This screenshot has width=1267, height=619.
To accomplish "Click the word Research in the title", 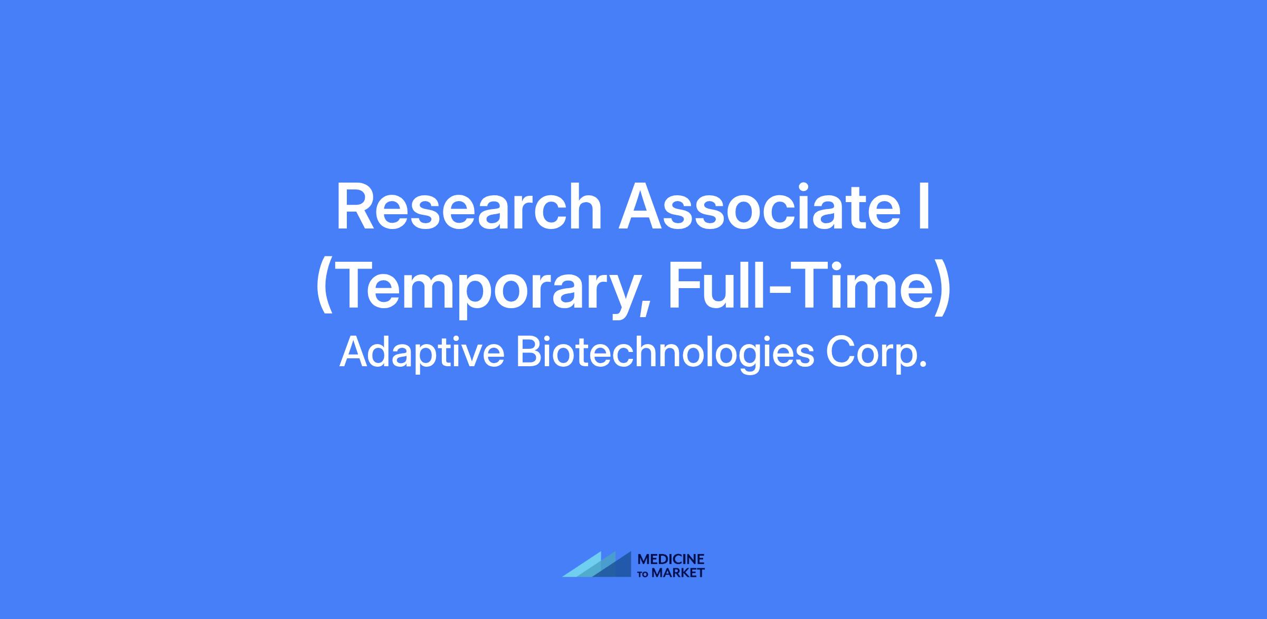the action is [x=469, y=206].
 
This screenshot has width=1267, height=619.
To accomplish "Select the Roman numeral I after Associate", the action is [x=924, y=206].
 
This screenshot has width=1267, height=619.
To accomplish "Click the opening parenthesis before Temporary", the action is [x=325, y=289].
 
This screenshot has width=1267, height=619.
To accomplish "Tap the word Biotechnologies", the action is [x=665, y=353].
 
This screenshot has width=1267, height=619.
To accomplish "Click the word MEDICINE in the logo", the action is [x=671, y=559].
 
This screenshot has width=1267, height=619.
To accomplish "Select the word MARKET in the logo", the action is [x=678, y=573].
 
